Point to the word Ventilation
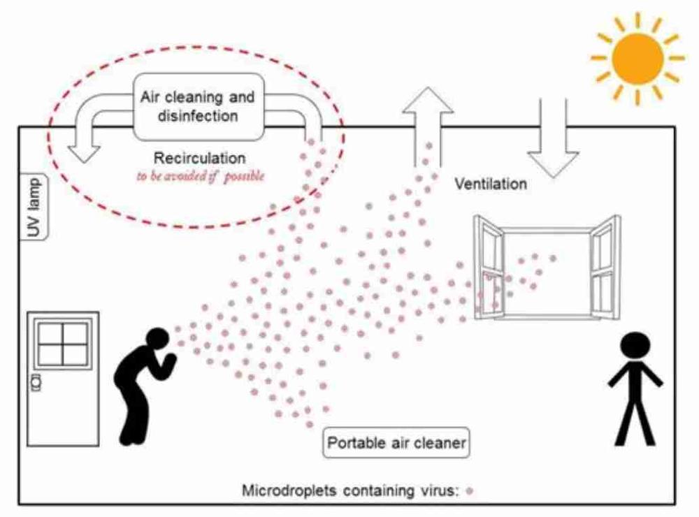[x=491, y=185]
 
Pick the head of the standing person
[x=635, y=348]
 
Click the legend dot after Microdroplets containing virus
[x=470, y=491]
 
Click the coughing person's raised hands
[x=168, y=359]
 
